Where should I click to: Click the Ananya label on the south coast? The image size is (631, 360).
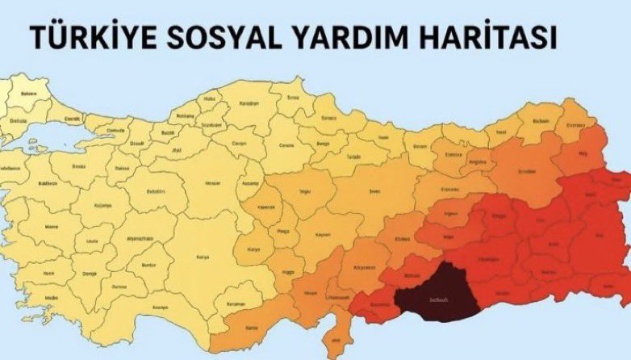click(x=160, y=307)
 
